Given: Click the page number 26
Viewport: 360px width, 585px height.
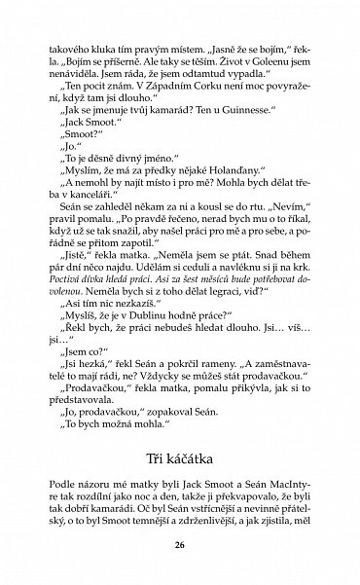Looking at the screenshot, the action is [x=179, y=545].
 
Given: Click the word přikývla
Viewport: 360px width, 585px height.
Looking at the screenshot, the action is [x=242, y=387].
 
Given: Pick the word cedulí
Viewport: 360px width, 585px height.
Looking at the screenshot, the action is [x=224, y=280].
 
